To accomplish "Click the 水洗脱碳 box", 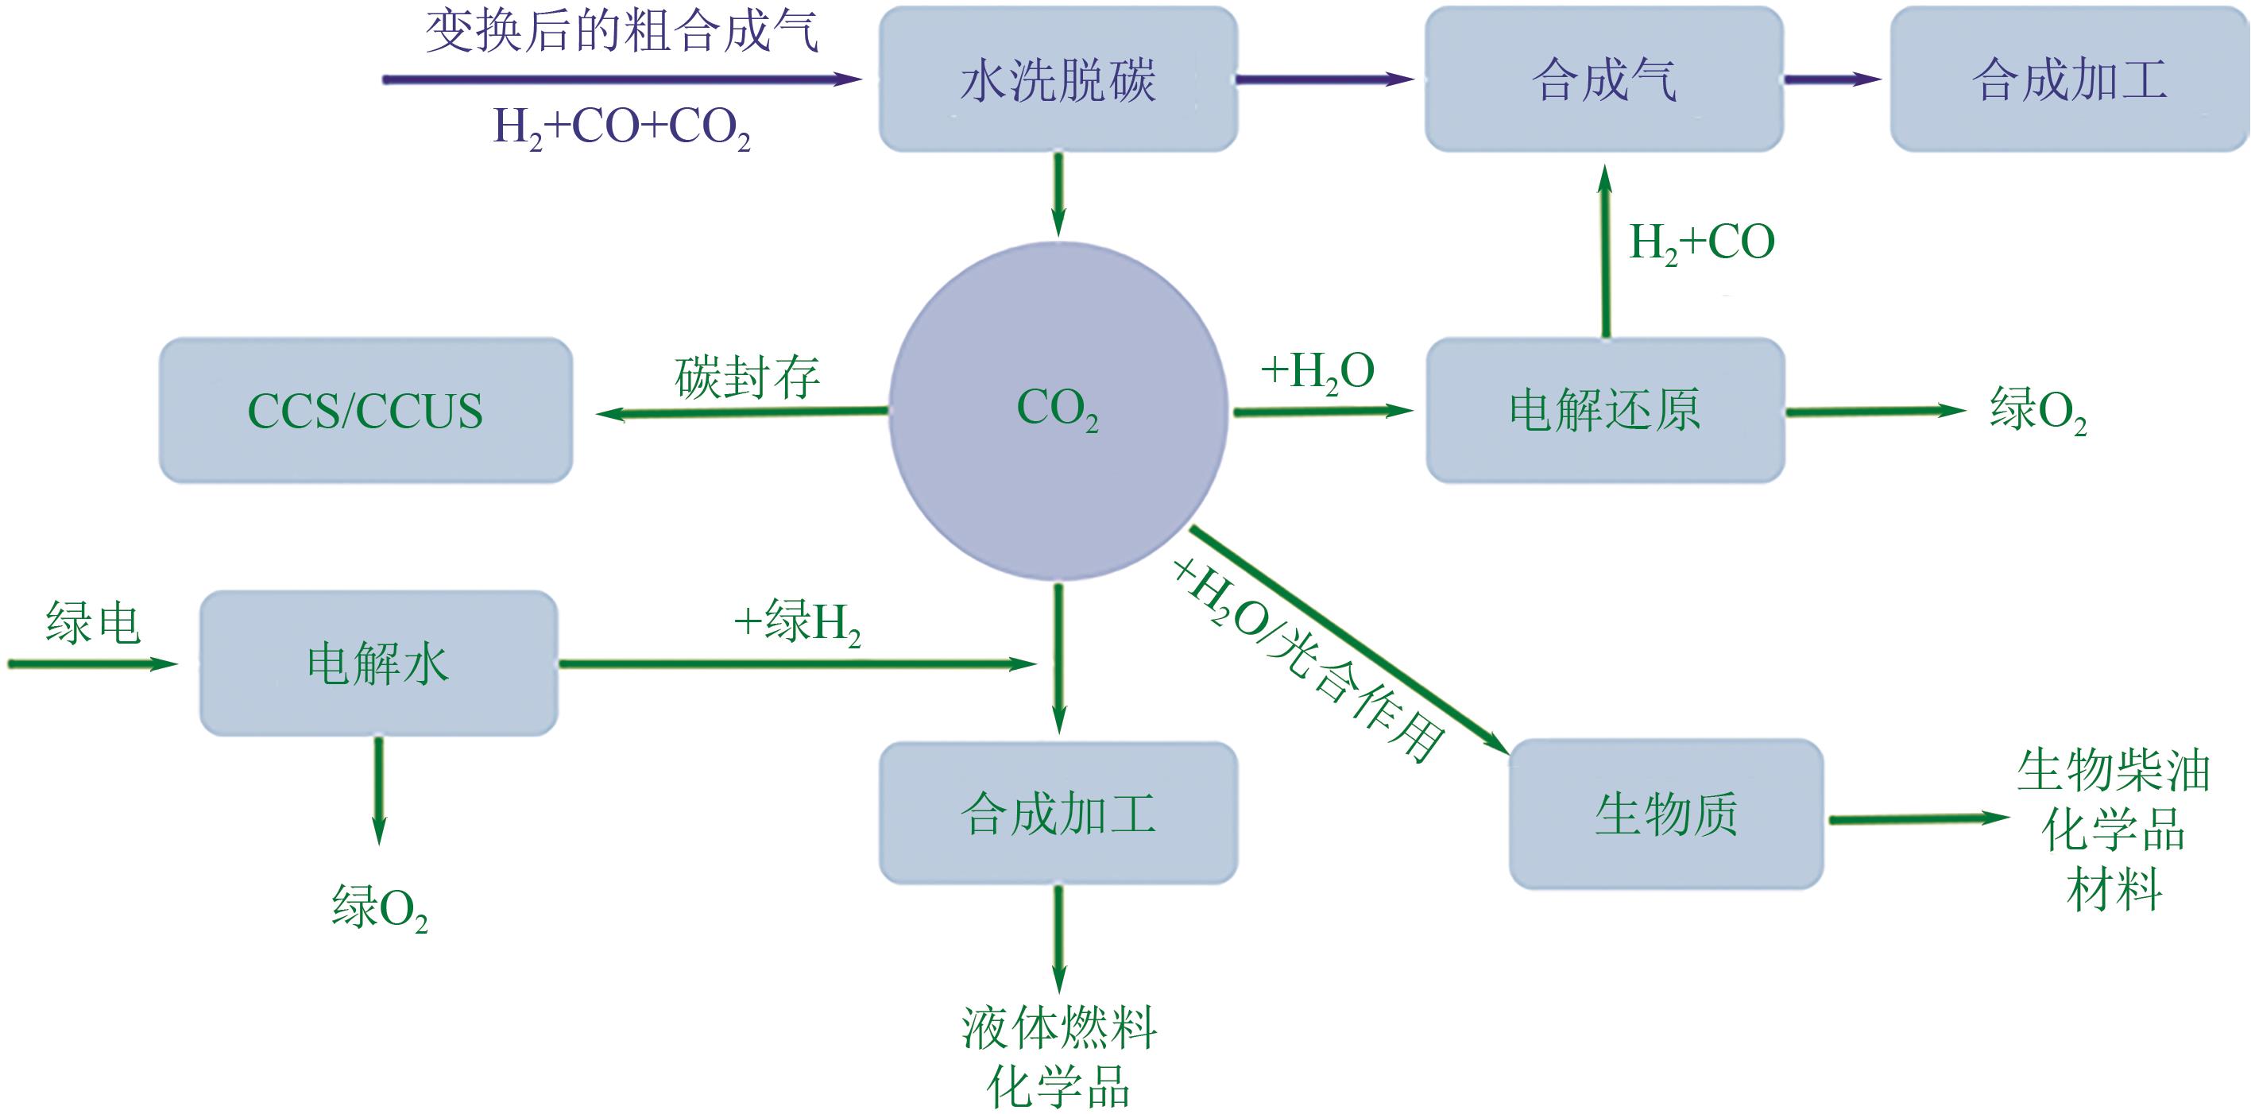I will tap(1058, 79).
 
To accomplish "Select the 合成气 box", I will tap(1603, 79).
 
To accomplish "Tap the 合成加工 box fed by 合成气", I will tap(2068, 79).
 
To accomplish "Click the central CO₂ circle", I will tap(1058, 409).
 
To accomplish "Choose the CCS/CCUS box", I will tap(365, 411).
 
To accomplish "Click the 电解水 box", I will tap(378, 663).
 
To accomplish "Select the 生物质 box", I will tap(1666, 814).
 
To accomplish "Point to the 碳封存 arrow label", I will tap(747, 377).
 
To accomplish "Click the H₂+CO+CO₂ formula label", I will tap(621, 128).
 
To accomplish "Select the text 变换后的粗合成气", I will tap(621, 33).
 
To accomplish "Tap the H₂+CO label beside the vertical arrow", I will tap(1701, 242).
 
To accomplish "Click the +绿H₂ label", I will tap(797, 623).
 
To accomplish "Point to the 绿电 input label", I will tap(93, 623).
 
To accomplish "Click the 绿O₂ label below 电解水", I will tap(379, 907).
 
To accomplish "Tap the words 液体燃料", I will tap(1058, 1027).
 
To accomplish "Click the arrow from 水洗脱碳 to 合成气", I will tap(1324, 79).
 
